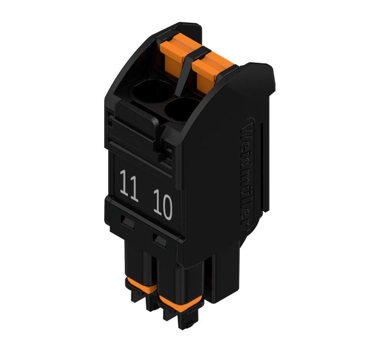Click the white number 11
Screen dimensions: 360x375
pyautogui.click(x=129, y=186)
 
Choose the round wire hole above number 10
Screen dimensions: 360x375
pyautogui.click(x=180, y=110)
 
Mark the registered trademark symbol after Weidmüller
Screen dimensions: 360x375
pyautogui.click(x=245, y=223)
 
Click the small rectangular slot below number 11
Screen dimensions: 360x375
pyautogui.click(x=127, y=222)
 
